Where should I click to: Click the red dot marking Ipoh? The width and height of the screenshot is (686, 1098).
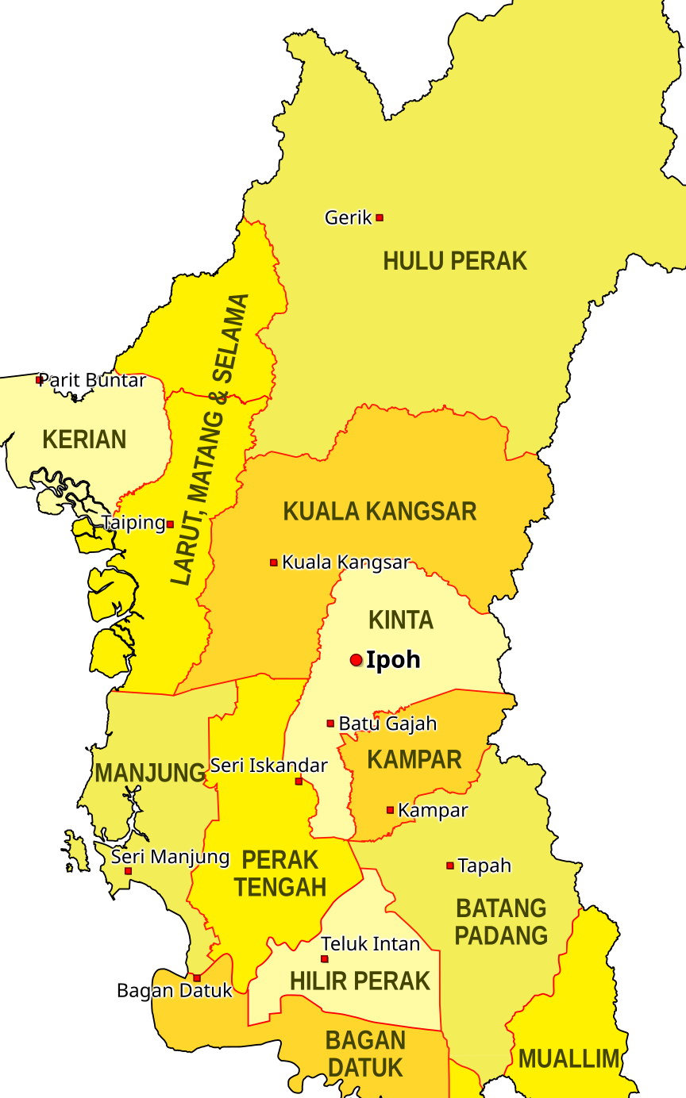coord(356,660)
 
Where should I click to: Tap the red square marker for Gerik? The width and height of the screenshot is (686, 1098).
coord(380,217)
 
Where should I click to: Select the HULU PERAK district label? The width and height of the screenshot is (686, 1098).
coord(455,261)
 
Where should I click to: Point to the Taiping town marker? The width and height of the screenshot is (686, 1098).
coord(170,524)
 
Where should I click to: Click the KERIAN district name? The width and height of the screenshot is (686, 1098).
coord(84,440)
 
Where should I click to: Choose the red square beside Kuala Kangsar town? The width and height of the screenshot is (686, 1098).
coord(274,562)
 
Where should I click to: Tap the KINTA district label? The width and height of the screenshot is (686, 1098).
coord(401,620)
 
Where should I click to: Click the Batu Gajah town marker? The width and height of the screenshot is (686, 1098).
coord(330,724)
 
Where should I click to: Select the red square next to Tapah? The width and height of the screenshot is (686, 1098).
coord(450,866)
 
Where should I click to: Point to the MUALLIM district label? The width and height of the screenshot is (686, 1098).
coord(568,1058)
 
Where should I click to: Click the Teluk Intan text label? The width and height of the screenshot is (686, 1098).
coord(371,944)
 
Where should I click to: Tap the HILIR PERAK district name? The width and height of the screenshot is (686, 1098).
coord(360,981)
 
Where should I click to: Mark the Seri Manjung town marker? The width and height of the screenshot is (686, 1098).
coord(129,871)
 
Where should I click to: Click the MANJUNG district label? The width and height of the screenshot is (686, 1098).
coord(150,774)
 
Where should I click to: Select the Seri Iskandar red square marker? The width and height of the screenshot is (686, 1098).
coord(299,781)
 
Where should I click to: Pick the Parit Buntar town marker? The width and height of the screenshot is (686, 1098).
coord(39,380)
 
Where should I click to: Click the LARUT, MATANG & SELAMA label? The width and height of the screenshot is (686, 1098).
coord(210,440)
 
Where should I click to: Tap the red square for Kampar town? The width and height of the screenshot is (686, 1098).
coord(390,810)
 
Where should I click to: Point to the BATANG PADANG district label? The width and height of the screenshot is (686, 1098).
coord(500,922)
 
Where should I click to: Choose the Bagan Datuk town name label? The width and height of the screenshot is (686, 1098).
coord(174,990)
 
